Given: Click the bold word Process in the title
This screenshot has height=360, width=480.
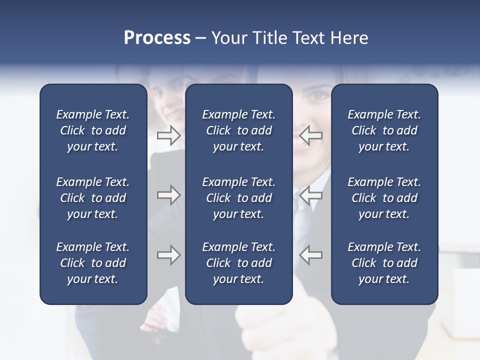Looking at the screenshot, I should pyautogui.click(x=157, y=38).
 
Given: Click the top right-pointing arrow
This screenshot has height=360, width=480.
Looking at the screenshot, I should pyautogui.click(x=168, y=135).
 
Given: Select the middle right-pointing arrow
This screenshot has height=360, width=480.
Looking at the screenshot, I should pyautogui.click(x=168, y=195).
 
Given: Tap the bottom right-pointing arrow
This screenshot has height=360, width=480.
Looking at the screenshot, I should pyautogui.click(x=168, y=255).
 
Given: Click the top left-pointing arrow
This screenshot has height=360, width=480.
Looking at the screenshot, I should pyautogui.click(x=310, y=135).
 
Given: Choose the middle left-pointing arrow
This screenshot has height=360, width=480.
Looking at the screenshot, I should pyautogui.click(x=310, y=195).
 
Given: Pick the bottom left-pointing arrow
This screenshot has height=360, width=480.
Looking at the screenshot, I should pyautogui.click(x=310, y=255).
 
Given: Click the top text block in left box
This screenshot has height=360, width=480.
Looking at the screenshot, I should pyautogui.click(x=93, y=130).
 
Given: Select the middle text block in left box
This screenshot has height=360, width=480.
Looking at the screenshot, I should pyautogui.click(x=93, y=198).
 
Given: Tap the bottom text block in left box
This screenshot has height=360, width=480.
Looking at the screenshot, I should pyautogui.click(x=93, y=263).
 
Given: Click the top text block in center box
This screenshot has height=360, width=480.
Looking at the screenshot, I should pyautogui.click(x=238, y=130).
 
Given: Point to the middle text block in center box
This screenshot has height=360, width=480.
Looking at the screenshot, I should pyautogui.click(x=238, y=198).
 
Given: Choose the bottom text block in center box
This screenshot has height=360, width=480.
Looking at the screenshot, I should pyautogui.click(x=238, y=263).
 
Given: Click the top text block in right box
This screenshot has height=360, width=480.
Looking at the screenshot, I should pyautogui.click(x=384, y=130).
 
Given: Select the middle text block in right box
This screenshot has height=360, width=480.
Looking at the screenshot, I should pyautogui.click(x=384, y=198).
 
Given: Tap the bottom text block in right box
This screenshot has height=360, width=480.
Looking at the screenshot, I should pyautogui.click(x=384, y=263).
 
